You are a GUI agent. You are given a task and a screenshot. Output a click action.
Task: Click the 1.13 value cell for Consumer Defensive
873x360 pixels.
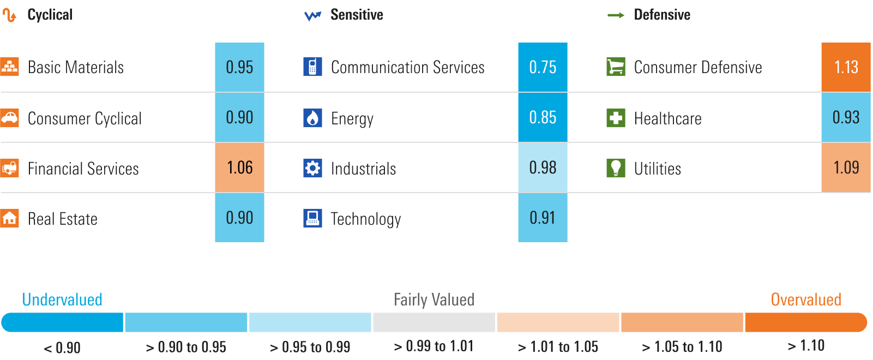pyautogui.click(x=846, y=67)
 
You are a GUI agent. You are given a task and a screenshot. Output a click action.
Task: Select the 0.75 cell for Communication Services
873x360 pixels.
pyautogui.click(x=543, y=67)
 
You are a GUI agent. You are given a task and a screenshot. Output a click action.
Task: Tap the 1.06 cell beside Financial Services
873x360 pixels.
pyautogui.click(x=239, y=167)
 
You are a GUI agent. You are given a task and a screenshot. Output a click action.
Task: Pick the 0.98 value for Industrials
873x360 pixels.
pyautogui.click(x=543, y=167)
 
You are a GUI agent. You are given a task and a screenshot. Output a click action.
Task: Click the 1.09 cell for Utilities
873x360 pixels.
pyautogui.click(x=846, y=167)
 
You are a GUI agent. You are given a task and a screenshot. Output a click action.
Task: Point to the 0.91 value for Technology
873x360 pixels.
pyautogui.click(x=543, y=218)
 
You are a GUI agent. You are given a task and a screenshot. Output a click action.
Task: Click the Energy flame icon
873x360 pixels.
pyautogui.click(x=312, y=118)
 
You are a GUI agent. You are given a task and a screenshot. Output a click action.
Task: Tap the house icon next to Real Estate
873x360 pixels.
pyautogui.click(x=9, y=218)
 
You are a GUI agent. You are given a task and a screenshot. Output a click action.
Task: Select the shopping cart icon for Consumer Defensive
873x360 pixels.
pyautogui.click(x=616, y=67)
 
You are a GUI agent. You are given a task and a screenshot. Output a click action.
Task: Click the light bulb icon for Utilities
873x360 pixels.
pyautogui.click(x=616, y=168)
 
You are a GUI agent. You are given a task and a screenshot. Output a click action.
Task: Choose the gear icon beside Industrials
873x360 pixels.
pyautogui.click(x=312, y=168)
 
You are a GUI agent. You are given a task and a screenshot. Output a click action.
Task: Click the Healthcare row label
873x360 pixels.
pyautogui.click(x=667, y=118)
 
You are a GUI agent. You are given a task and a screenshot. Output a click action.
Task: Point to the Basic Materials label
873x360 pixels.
pyautogui.click(x=76, y=67)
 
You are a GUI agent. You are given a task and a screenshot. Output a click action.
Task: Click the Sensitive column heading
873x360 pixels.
pyautogui.click(x=357, y=15)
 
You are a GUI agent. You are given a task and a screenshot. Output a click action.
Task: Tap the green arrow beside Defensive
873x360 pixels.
pyautogui.click(x=616, y=15)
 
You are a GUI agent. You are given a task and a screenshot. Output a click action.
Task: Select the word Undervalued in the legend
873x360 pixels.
pyautogui.click(x=62, y=299)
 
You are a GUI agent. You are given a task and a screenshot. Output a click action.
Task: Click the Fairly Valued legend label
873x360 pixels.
pyautogui.click(x=434, y=299)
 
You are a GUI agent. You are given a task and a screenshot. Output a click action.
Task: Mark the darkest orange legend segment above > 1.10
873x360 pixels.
pyautogui.click(x=805, y=322)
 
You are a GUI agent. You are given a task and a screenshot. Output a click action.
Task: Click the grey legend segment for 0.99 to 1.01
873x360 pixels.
pyautogui.click(x=434, y=322)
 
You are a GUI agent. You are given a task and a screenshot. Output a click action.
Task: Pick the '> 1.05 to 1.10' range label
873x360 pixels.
pyautogui.click(x=682, y=346)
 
